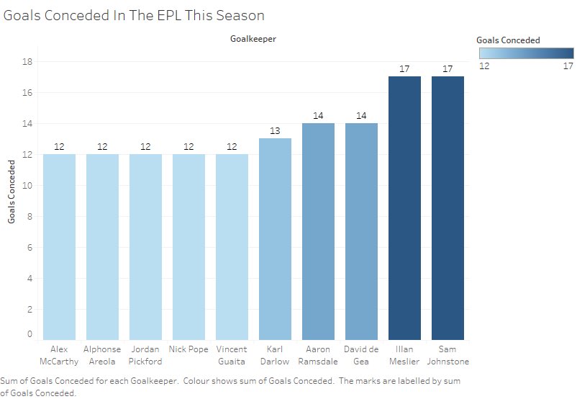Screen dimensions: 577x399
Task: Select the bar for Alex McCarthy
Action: point(59,247)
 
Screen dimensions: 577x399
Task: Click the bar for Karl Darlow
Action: point(275,239)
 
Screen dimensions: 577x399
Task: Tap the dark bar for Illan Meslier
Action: point(404,208)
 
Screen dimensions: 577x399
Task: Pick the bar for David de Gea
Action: point(361,231)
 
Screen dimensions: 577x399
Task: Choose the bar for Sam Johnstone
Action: point(447,208)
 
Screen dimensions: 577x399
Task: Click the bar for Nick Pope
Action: point(188,247)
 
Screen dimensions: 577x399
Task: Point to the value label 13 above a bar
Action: point(275,131)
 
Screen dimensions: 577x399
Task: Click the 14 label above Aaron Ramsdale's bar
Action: point(318,116)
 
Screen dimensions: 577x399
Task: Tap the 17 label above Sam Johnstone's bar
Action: point(447,69)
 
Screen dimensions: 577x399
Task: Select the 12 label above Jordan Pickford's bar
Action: point(145,147)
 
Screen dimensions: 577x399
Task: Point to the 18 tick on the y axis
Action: point(27,61)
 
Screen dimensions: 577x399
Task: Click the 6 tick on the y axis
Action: point(29,248)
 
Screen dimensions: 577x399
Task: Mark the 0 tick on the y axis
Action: point(29,333)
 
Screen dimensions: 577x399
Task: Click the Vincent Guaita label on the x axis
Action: point(232,355)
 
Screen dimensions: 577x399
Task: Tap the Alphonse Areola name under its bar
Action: point(102,355)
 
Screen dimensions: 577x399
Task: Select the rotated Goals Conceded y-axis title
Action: point(12,192)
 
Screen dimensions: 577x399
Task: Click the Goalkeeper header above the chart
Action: point(253,39)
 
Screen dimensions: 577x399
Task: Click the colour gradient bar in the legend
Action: point(526,53)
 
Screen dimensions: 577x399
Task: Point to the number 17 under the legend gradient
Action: point(568,66)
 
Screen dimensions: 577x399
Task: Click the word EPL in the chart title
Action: point(169,15)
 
